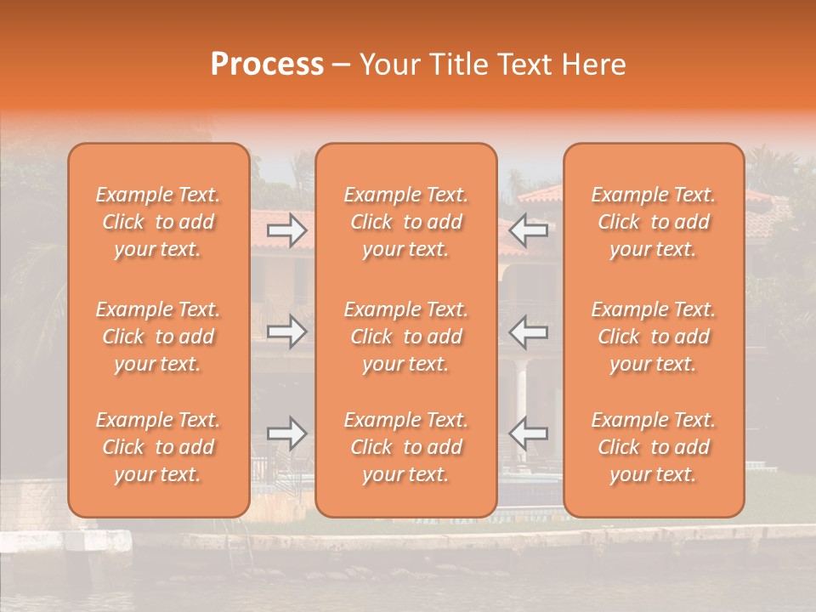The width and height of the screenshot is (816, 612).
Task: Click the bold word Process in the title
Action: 267,65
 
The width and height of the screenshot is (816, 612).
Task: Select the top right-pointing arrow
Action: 287,229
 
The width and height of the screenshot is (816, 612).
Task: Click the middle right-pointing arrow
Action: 287,331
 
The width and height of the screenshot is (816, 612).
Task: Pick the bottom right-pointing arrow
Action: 287,433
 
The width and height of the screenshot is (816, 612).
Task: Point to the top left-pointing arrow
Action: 529,229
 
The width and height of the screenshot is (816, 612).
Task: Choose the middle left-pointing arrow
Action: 529,331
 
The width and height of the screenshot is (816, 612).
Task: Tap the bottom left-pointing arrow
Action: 529,433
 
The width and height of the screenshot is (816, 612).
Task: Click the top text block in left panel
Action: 158,222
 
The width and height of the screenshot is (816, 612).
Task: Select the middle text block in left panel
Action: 158,337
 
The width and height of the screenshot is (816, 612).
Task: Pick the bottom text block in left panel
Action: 158,447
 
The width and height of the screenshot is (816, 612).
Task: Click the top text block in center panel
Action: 406,222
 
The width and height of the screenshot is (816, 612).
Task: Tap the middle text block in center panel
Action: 406,337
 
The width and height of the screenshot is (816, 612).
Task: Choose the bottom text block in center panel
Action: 406,447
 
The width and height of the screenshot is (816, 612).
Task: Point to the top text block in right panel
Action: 654,222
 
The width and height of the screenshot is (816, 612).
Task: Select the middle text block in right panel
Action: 654,337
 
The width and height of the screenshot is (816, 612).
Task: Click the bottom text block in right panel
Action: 654,447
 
